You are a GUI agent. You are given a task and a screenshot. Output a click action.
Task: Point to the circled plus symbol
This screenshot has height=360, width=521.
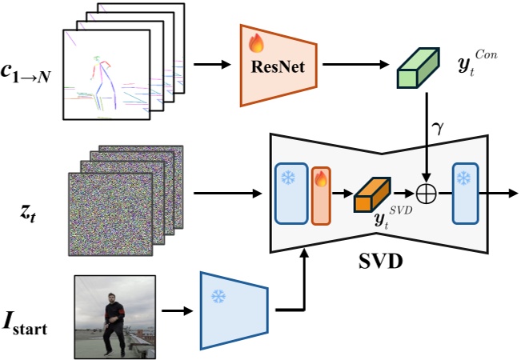(x=429, y=193)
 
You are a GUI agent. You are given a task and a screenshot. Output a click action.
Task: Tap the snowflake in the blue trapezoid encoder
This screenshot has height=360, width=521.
(x=217, y=296)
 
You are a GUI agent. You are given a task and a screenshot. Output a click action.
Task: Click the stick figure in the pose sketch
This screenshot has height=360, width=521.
(x=100, y=80)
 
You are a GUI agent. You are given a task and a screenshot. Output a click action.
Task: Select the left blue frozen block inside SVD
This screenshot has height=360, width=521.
(x=291, y=193)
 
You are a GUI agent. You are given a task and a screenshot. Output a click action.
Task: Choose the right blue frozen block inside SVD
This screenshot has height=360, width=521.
(x=465, y=193)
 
